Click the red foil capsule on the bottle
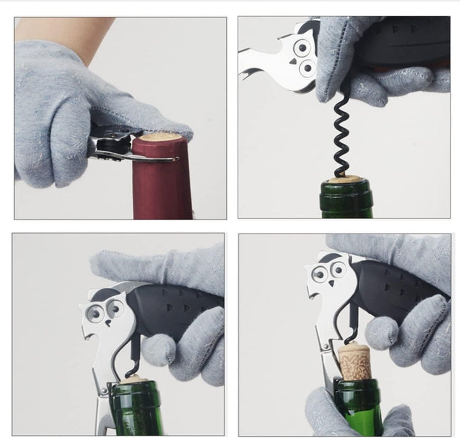[x=160, y=185]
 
